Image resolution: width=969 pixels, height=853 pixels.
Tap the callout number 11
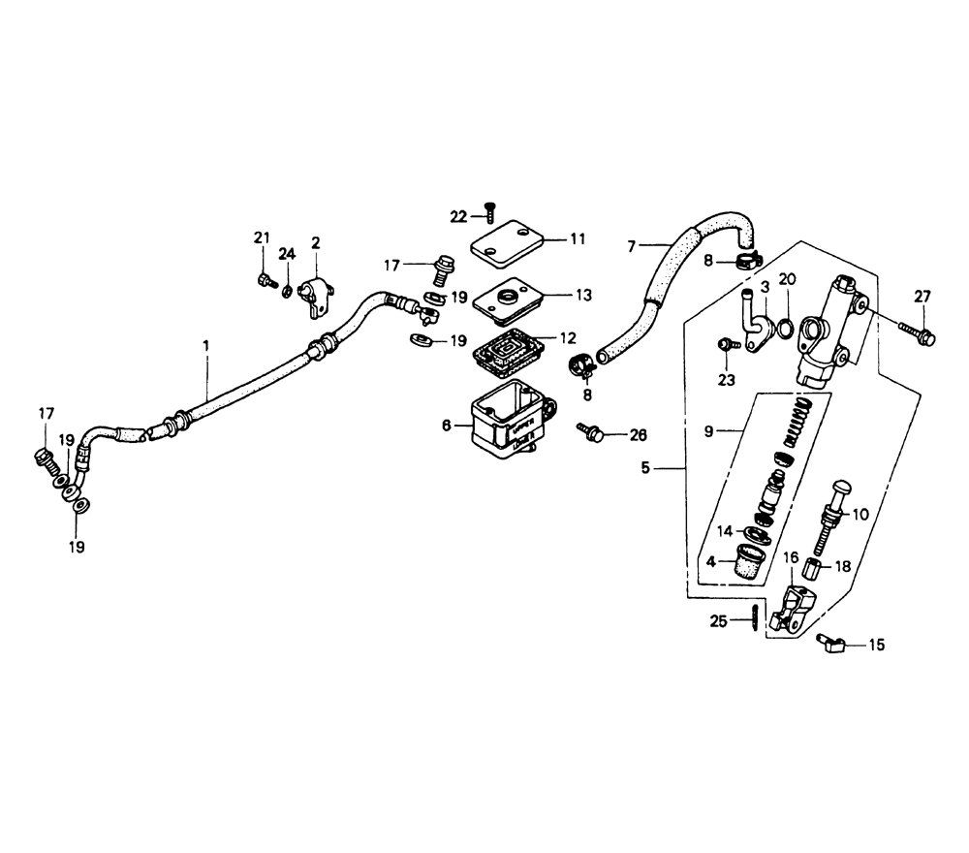coord(578,237)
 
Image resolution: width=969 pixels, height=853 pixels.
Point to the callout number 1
coord(205,344)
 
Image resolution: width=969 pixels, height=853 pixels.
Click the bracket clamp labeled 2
coord(317,293)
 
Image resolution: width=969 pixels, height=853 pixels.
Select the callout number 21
coord(260,238)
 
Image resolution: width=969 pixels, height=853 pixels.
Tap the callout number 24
coord(287,255)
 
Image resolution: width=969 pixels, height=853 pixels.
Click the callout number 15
coord(877,644)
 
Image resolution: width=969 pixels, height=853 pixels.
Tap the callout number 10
coord(860,515)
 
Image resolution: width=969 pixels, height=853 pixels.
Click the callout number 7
coord(632,246)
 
